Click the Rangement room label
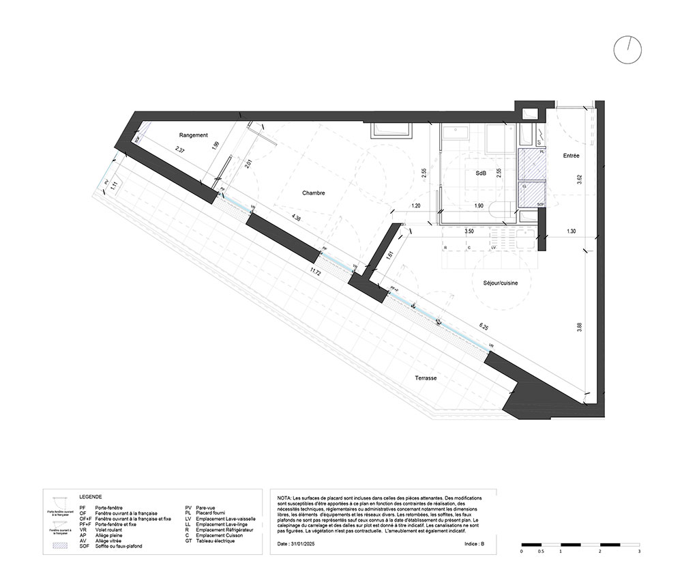pos(194,135)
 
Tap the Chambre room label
pos(313,193)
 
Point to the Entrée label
pos(571,156)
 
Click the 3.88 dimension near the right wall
pos(579,327)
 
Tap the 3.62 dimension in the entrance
pos(579,180)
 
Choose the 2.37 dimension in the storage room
pos(180,149)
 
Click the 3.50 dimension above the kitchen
pos(469,232)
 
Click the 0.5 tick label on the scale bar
pos(541,551)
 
